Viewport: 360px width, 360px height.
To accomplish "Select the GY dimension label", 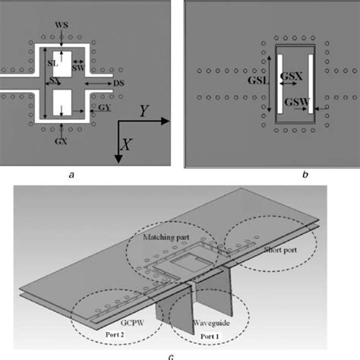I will pyautogui.click(x=103, y=109).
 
